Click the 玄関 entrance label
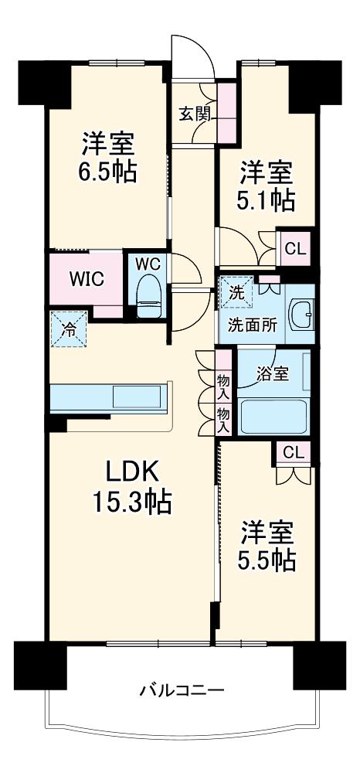coord(195,114)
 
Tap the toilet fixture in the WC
coord(149,296)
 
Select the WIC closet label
coord(87,279)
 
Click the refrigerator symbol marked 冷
coord(69,329)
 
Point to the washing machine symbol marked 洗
coord(236,293)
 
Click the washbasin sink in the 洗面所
coord(301,315)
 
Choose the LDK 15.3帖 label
coord(132,488)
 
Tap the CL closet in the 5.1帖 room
coord(296,248)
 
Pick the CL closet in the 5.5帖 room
coord(294,451)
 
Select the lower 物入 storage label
coord(224,420)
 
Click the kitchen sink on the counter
coord(137,397)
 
